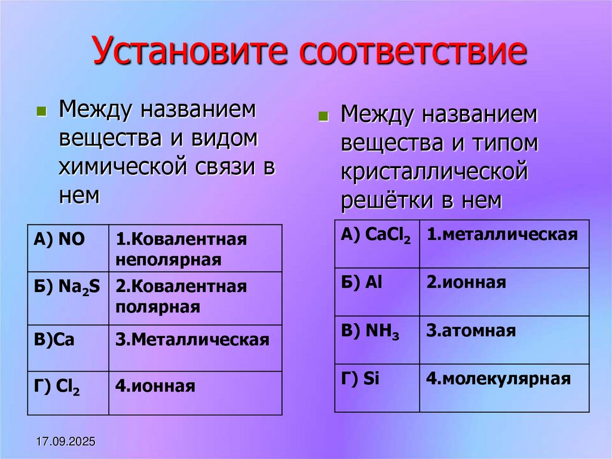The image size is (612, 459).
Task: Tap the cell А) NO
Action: coord(68,248)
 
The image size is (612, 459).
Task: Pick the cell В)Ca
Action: coord(68,348)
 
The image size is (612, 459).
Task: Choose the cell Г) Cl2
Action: coord(68,393)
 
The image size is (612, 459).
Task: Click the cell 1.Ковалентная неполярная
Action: coord(195,248)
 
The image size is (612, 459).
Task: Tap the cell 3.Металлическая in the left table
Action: coord(195,348)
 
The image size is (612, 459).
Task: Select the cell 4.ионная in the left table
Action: coord(195,393)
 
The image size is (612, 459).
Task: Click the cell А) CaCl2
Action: coord(377,244)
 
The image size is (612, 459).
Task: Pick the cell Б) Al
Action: coord(377,291)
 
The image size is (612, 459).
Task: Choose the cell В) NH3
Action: coord(377,339)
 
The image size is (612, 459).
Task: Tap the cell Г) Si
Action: coord(377,387)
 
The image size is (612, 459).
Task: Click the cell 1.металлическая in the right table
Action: coord(504,244)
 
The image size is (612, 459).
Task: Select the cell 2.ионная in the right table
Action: coord(504,291)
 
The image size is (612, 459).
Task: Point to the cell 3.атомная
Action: coord(504,339)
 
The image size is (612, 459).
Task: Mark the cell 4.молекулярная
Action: coord(504,387)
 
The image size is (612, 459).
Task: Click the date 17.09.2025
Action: coord(66,442)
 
